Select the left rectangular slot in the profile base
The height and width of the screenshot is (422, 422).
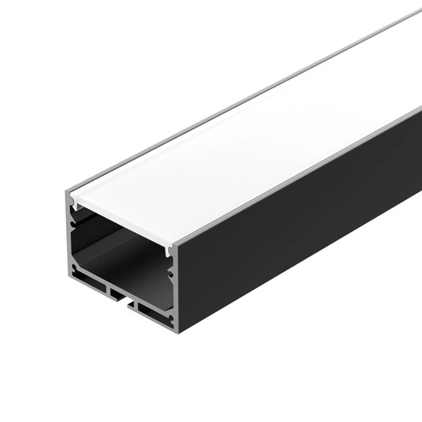(x=91, y=281)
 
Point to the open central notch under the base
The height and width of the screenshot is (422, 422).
(x=120, y=299)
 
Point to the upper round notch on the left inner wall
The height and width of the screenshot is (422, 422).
(x=74, y=225)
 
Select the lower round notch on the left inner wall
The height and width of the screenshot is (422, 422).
(x=74, y=257)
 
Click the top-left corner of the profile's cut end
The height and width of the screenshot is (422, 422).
(x=65, y=191)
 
